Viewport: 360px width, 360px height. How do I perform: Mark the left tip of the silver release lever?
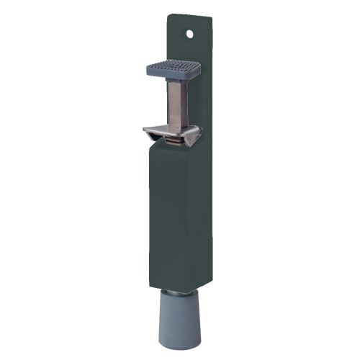[x=145, y=130]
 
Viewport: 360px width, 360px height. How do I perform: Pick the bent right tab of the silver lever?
[x=195, y=135]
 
